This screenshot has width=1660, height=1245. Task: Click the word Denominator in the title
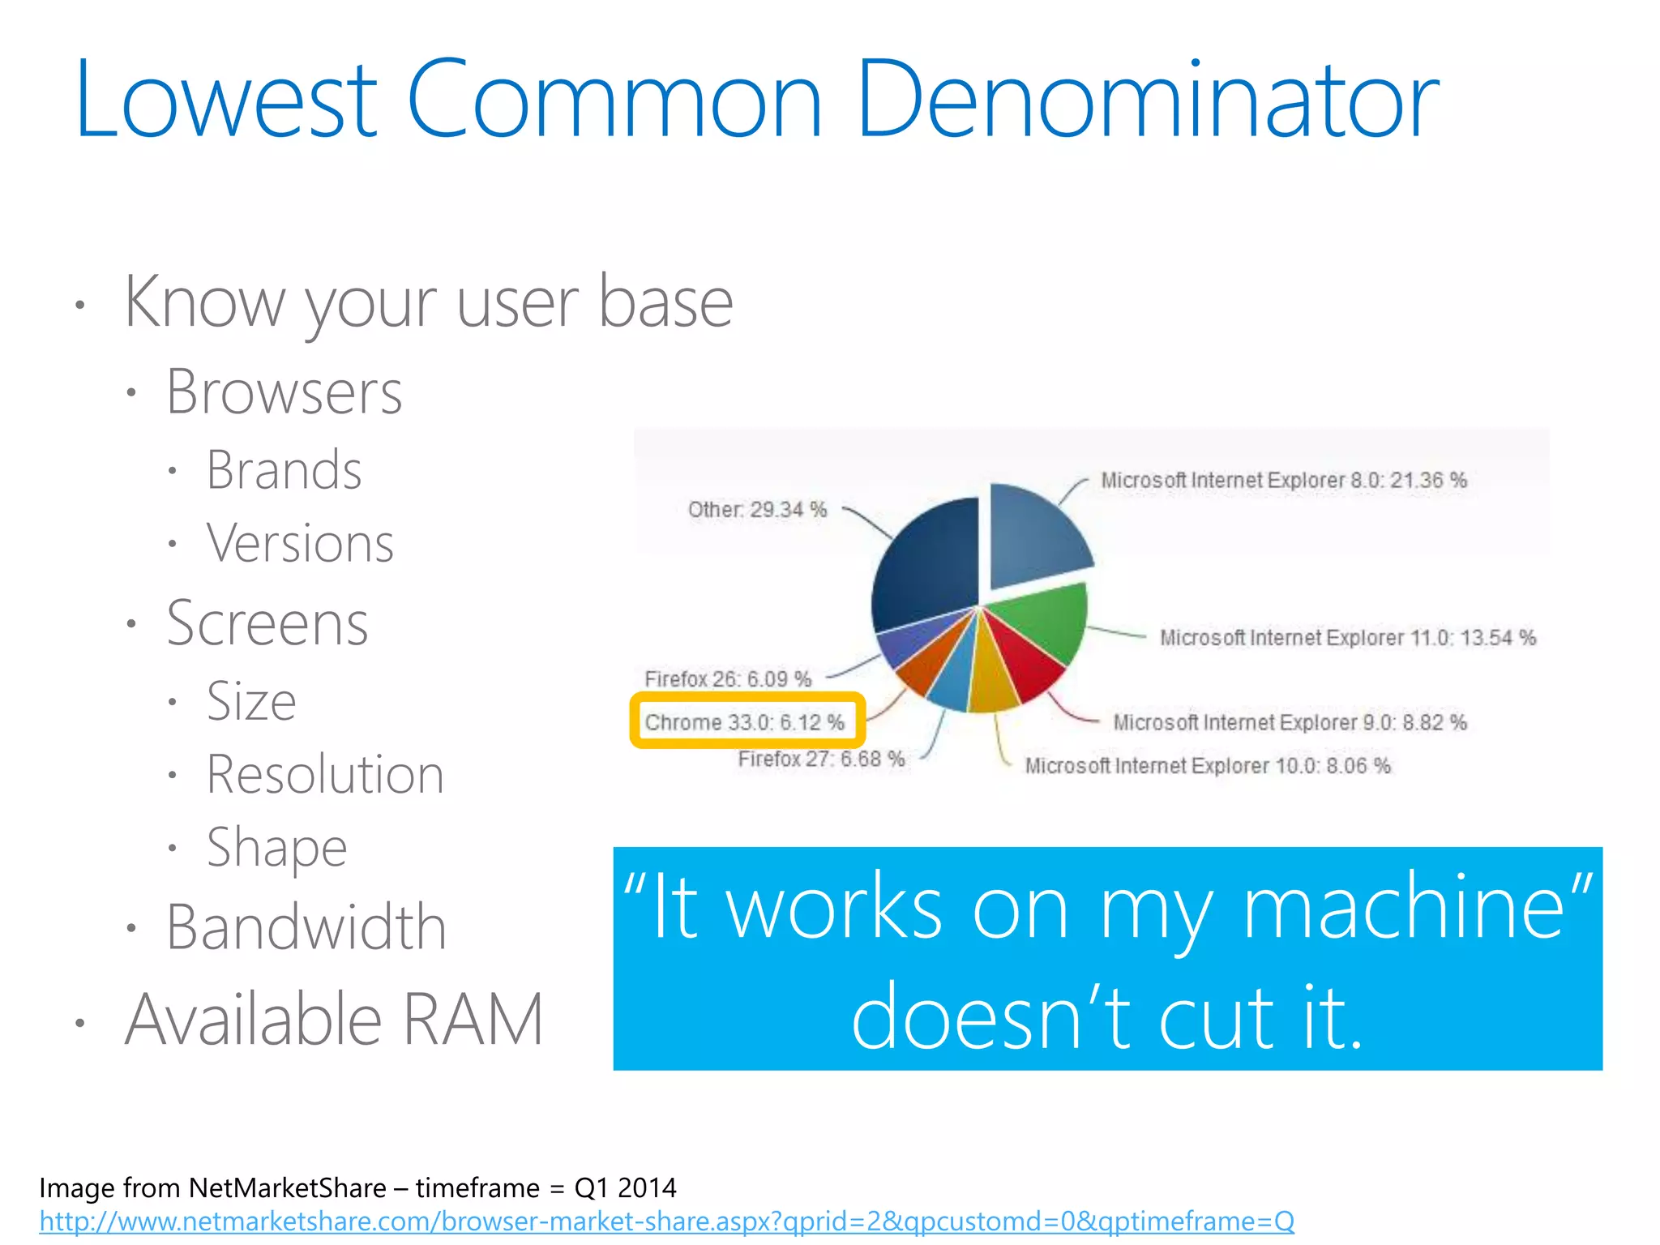(1146, 101)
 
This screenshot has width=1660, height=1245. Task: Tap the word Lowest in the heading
(225, 101)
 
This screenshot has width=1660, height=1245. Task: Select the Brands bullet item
(284, 470)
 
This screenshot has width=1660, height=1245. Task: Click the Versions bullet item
(300, 543)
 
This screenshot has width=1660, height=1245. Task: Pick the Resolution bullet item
(325, 775)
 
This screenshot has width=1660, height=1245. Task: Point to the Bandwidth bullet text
(306, 927)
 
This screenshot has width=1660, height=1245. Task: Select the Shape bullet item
(276, 848)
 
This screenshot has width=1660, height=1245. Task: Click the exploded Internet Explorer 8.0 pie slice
(1033, 535)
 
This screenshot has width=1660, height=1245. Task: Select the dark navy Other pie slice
(928, 567)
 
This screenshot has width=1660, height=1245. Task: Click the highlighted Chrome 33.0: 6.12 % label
(745, 721)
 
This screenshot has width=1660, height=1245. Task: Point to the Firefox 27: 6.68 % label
(820, 759)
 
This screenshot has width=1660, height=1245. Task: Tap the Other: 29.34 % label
(757, 510)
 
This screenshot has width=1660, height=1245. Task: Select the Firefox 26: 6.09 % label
(728, 679)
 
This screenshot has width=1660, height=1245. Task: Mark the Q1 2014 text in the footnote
(625, 1188)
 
